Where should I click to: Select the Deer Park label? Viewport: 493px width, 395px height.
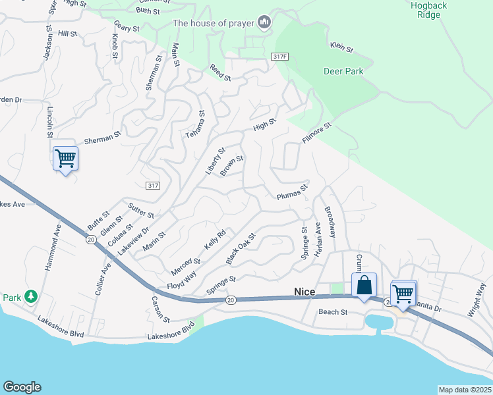(x=343, y=71)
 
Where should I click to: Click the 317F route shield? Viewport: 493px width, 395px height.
(x=279, y=57)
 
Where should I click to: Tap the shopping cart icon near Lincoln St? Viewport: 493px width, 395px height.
(x=65, y=158)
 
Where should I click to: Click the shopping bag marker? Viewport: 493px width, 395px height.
(x=364, y=286)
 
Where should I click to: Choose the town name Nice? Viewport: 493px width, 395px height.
(x=305, y=291)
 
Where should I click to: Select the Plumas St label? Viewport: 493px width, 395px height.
(x=292, y=193)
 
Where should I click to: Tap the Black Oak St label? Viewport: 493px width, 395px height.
(x=241, y=248)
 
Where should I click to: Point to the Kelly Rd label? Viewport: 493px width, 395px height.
(x=215, y=239)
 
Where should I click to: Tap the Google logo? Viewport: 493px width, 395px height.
(x=22, y=387)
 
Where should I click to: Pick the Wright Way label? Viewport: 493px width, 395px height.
(x=477, y=300)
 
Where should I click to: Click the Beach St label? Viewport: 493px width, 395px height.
(x=333, y=311)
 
